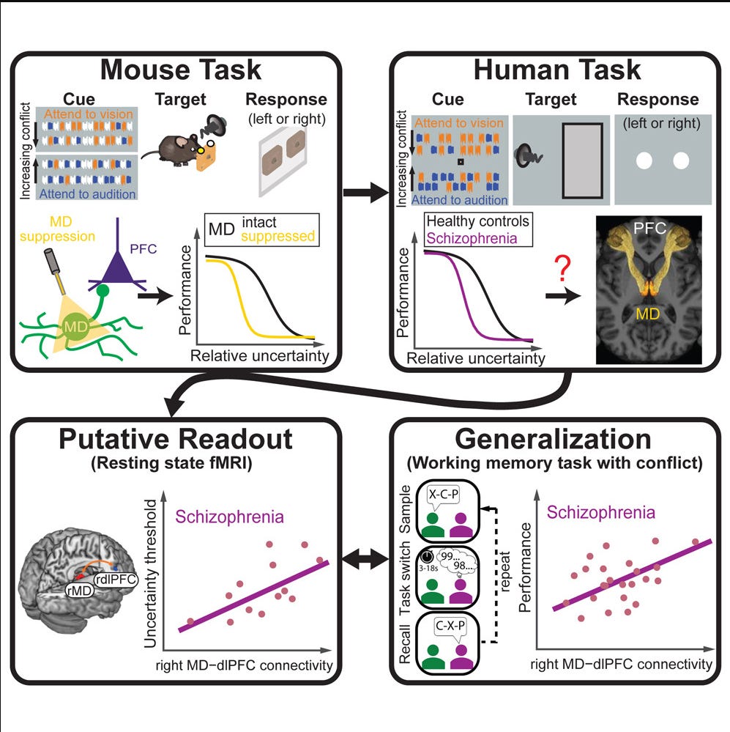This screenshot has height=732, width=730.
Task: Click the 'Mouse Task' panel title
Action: tap(181, 70)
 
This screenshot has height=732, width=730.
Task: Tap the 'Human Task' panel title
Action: tap(557, 70)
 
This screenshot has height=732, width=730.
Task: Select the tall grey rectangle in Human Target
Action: tap(581, 160)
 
